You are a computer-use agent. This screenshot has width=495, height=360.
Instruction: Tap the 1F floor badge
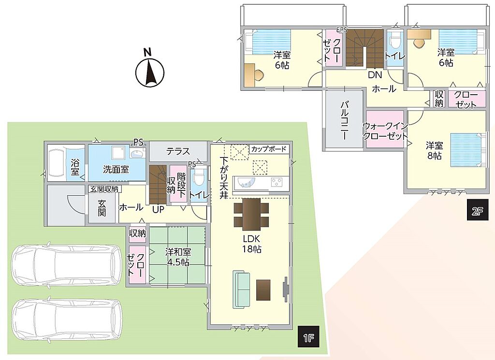coord(309,339)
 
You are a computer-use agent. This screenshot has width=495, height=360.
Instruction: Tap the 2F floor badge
coord(478,211)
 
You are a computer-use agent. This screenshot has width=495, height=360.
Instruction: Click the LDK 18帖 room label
coord(251,244)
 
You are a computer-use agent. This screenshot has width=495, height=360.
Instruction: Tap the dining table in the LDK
coord(251,214)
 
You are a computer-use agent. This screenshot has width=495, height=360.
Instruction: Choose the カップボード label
coord(269,149)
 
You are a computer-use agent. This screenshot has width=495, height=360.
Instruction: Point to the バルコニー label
coord(344,120)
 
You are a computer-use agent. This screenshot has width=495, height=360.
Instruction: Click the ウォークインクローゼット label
coord(385,131)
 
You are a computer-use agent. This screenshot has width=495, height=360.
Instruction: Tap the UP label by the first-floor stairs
coord(158,209)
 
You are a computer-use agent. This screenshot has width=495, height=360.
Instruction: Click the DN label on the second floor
coord(375,75)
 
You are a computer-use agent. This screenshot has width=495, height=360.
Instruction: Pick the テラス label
coord(178,151)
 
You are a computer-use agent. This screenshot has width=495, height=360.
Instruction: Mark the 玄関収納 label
coord(104,189)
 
